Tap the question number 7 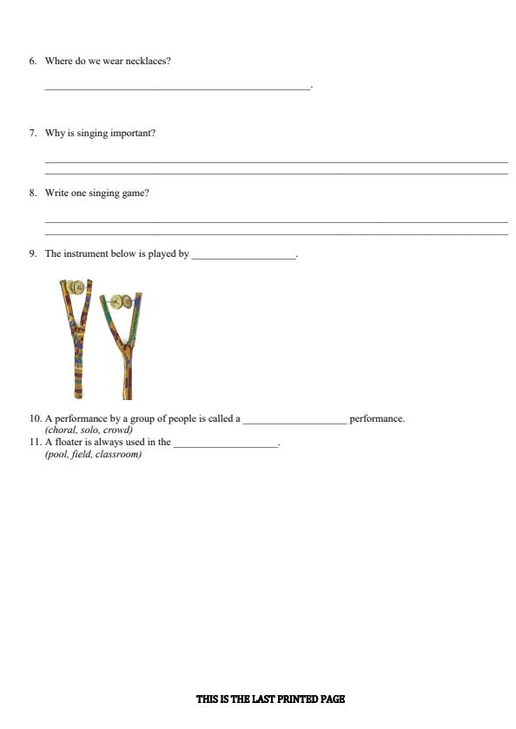tap(32, 133)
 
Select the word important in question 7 tap(134, 133)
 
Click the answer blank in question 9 tap(243, 256)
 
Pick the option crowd tap(117, 430)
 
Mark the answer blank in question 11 tap(225, 444)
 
